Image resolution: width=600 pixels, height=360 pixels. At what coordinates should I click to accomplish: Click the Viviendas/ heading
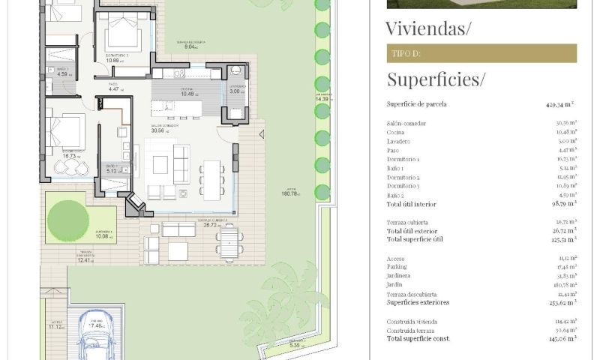(428, 29)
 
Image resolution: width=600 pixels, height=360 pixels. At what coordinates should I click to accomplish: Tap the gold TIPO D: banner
(481, 53)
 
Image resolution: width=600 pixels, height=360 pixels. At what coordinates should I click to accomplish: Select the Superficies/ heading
(436, 79)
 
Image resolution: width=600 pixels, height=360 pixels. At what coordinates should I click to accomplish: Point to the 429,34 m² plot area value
(560, 105)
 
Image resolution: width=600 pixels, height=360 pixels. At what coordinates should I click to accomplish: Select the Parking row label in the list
(397, 267)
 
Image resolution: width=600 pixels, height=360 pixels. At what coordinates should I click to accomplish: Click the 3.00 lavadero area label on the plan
(238, 91)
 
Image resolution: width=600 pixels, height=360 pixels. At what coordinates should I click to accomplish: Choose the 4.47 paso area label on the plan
(115, 89)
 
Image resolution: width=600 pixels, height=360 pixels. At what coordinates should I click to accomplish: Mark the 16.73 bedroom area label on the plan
(73, 156)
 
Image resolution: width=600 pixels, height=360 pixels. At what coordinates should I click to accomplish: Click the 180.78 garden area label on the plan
(290, 193)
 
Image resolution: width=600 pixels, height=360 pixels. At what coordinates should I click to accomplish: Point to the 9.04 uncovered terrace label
(190, 46)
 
